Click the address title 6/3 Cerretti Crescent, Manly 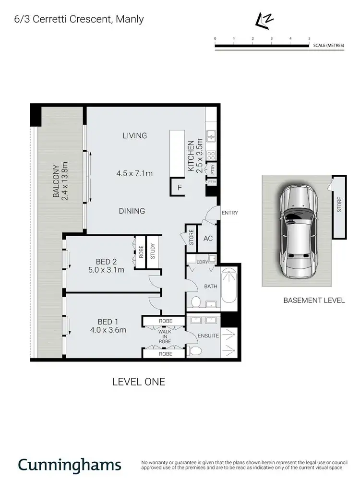click(72, 20)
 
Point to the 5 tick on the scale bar click(309, 38)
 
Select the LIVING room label click(134, 136)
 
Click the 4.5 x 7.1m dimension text click(134, 173)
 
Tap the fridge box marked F click(180, 188)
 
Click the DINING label click(132, 211)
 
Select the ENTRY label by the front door click(229, 213)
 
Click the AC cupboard click(208, 238)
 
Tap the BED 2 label click(106, 262)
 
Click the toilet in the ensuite click(194, 351)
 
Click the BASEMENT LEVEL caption click(314, 301)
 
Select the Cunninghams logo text click(70, 465)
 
